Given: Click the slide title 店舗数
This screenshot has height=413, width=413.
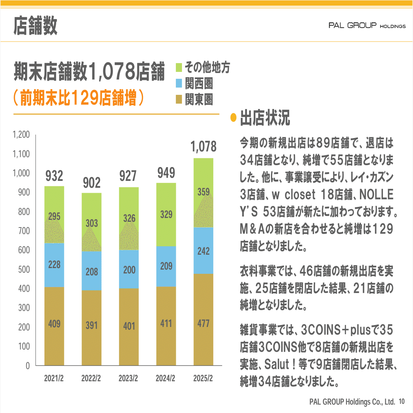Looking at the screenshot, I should click(35, 26).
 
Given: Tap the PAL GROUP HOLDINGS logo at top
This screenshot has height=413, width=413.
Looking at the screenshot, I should click(367, 26).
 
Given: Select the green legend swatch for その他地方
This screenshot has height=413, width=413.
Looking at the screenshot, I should click(179, 68).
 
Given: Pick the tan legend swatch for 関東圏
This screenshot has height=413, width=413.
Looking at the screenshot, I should click(179, 101).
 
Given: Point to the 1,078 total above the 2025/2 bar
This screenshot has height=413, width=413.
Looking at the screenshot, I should click(203, 146).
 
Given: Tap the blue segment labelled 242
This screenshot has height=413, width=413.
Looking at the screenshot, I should click(203, 250).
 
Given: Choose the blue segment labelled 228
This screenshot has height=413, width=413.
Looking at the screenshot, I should click(54, 265).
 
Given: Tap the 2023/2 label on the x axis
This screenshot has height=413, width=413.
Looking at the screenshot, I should click(128, 379).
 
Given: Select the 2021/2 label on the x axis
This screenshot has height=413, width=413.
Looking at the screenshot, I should click(54, 379).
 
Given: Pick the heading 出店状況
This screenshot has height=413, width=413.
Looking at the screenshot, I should click(265, 119).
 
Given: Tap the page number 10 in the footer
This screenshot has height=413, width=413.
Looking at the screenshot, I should click(401, 402).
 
